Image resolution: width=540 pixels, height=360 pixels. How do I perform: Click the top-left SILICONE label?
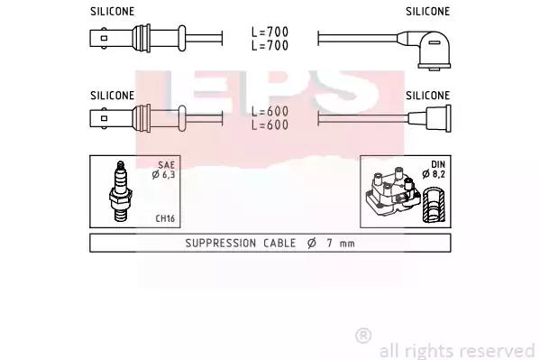pyautogui.click(x=113, y=12)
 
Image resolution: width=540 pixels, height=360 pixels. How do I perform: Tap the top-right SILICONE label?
pyautogui.click(x=427, y=12)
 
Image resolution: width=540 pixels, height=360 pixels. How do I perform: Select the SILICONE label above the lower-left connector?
pyautogui.click(x=113, y=95)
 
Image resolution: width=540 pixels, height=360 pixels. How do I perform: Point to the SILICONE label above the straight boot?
pyautogui.click(x=427, y=95)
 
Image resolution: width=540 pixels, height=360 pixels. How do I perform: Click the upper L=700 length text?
pyautogui.click(x=270, y=32)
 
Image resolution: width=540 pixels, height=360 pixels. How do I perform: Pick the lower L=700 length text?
pyautogui.click(x=270, y=45)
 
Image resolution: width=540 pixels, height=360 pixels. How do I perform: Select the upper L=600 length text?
pyautogui.click(x=270, y=111)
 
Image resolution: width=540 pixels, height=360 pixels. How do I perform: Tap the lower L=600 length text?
pyautogui.click(x=270, y=125)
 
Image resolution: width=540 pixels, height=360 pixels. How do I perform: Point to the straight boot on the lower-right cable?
pyautogui.click(x=430, y=118)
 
